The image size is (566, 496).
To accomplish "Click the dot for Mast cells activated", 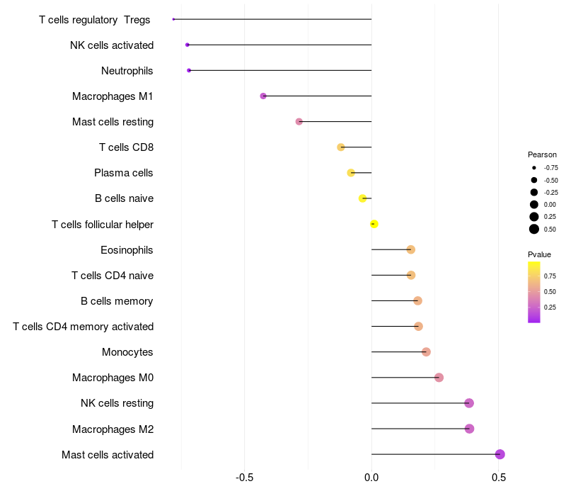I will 499,454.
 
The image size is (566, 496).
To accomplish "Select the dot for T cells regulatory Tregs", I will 173,19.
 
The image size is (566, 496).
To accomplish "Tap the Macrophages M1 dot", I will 263,96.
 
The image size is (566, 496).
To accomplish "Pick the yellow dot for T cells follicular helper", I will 374,224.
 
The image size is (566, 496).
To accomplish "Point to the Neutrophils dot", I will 189,70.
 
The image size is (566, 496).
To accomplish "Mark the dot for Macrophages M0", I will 439,378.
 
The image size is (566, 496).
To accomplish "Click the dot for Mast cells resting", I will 299,121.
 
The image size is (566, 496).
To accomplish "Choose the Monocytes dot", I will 426,352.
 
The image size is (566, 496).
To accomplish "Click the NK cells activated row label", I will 112,45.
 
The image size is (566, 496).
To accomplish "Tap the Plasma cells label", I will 124,173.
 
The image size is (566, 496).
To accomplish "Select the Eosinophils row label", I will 127,250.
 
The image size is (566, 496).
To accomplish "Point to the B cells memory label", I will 117,301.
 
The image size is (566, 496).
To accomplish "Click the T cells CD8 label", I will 127,147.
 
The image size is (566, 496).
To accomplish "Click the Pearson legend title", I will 542,154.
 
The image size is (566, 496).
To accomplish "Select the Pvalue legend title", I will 539,254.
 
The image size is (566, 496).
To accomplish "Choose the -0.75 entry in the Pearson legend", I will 550,168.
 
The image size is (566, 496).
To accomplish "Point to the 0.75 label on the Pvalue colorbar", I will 550,276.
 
